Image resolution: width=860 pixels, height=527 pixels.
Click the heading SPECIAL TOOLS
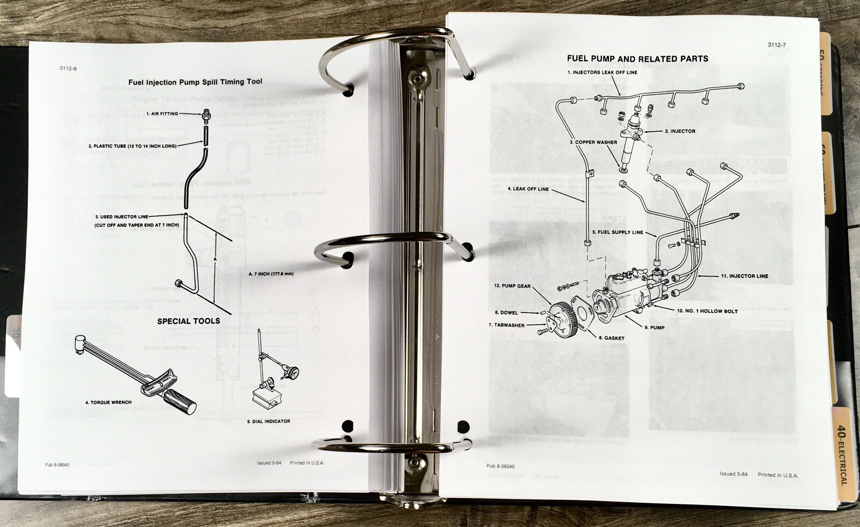pos(188,321)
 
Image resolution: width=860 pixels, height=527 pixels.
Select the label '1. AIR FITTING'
pos(162,113)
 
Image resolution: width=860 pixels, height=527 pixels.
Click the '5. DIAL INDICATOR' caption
pos(268,421)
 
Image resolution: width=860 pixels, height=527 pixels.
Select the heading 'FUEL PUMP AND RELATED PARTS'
pos(637,59)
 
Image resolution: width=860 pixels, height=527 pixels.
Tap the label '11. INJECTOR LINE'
pos(744,276)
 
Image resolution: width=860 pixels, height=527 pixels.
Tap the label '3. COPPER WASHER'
pos(594,142)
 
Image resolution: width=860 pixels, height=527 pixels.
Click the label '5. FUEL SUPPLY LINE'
pos(618,232)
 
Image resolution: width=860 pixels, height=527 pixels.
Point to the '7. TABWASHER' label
pos(506,325)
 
